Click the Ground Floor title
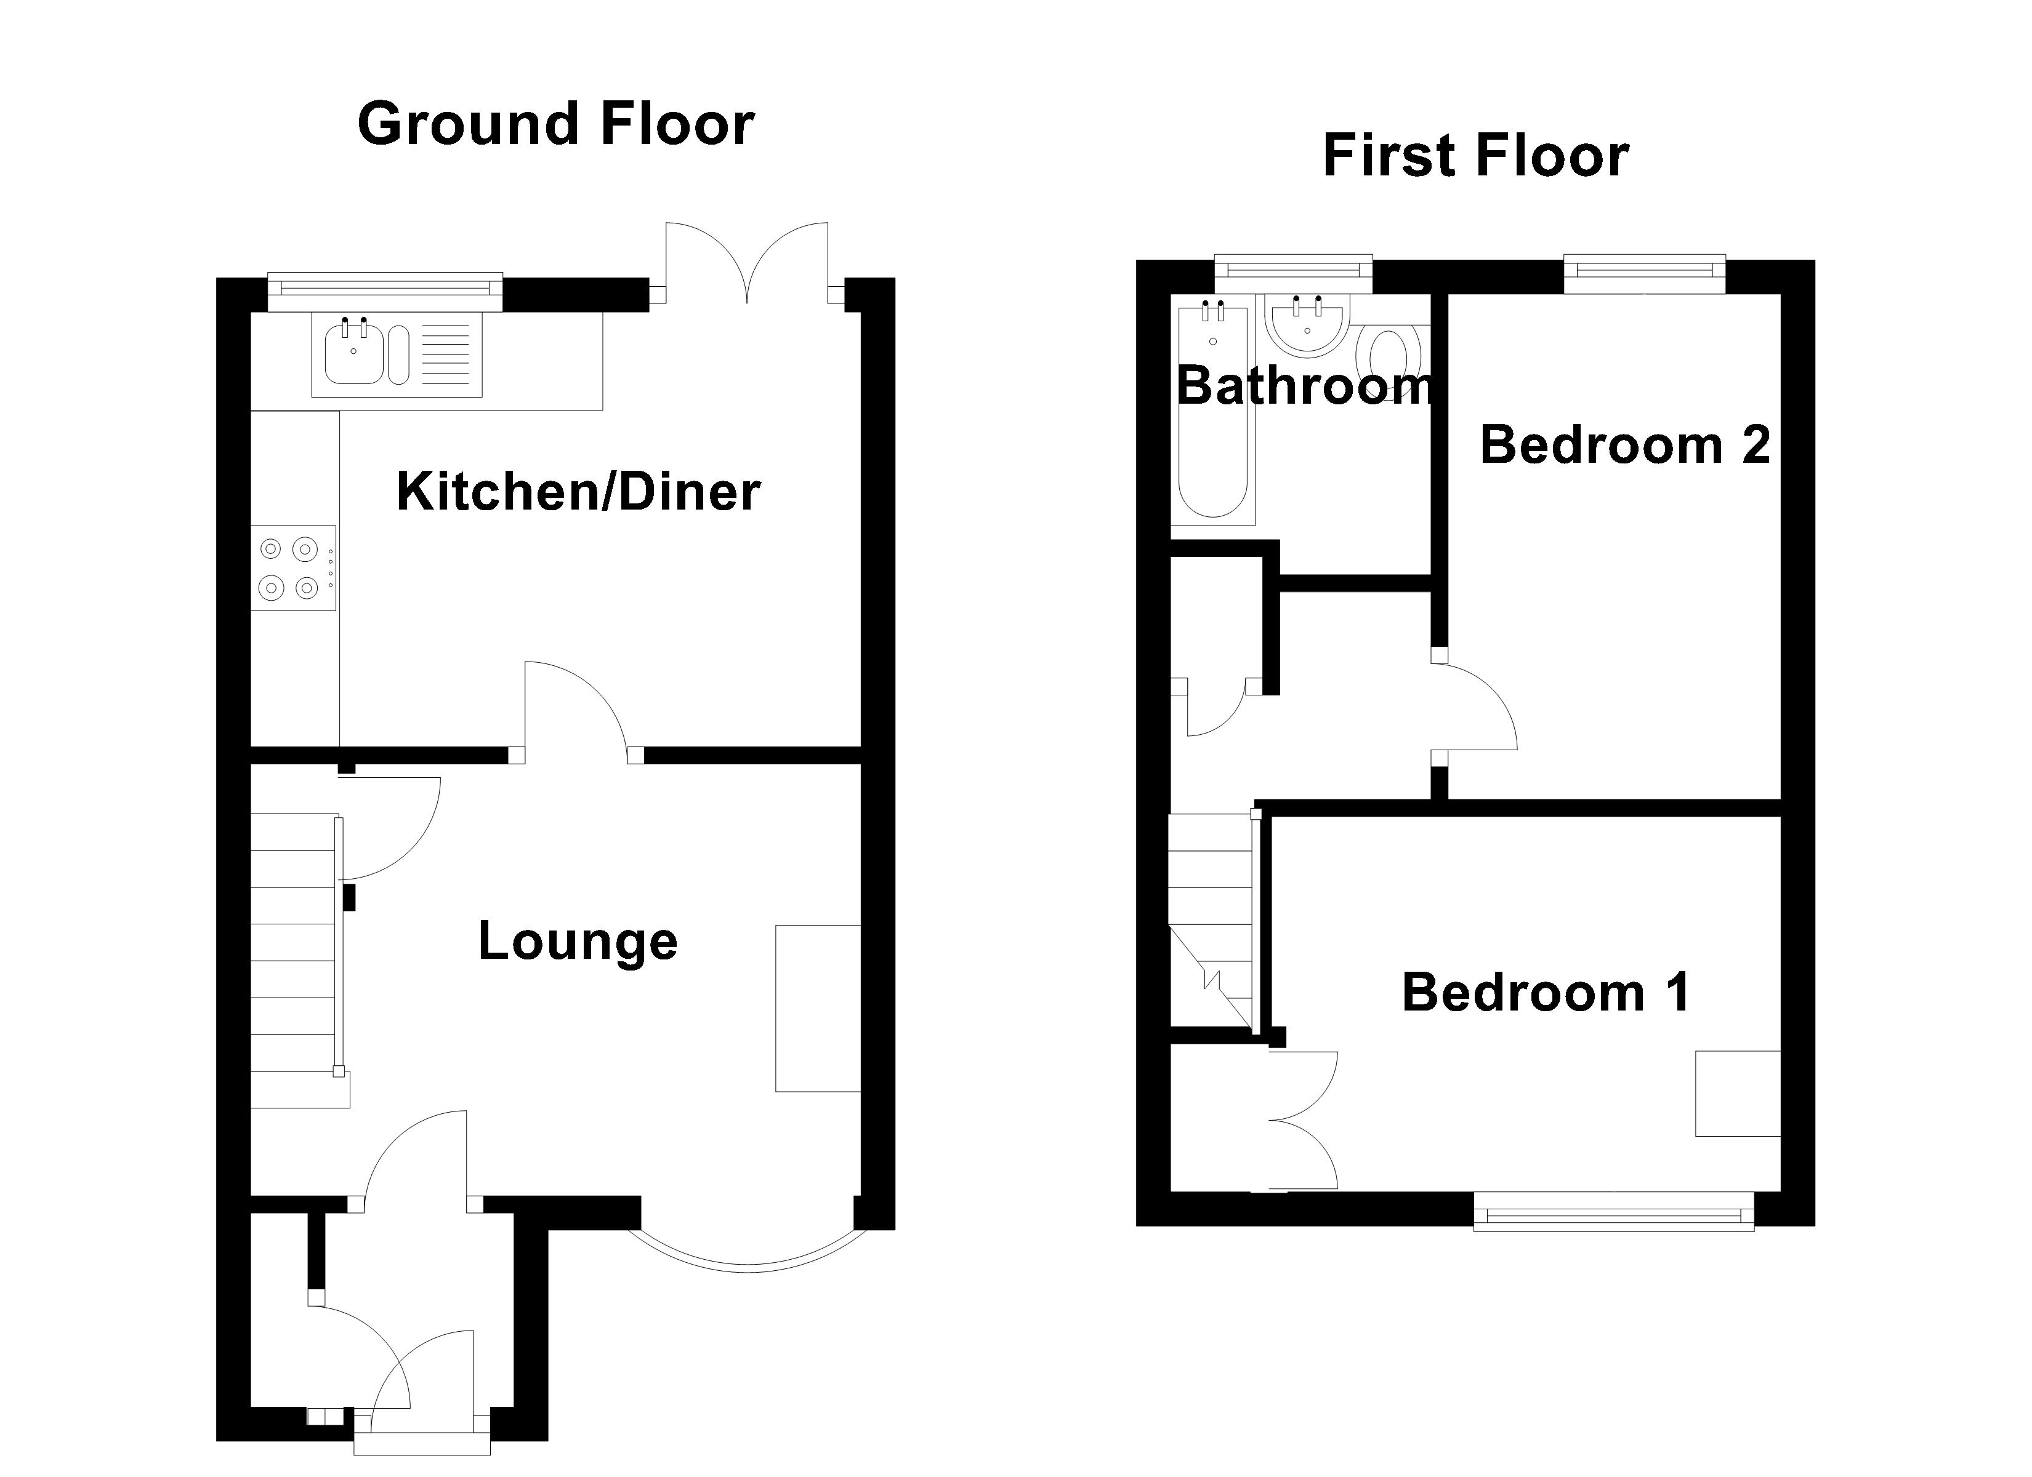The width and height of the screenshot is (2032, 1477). (x=555, y=124)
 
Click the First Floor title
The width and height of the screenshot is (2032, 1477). (x=1475, y=156)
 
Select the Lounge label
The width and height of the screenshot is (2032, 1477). (x=577, y=942)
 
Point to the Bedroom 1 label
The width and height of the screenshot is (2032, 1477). (x=1546, y=993)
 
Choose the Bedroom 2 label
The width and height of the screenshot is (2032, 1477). (x=1624, y=444)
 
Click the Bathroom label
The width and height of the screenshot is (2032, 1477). (x=1304, y=386)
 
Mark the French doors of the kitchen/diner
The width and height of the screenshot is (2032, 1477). (x=746, y=264)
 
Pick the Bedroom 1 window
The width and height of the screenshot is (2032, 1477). (x=1613, y=1215)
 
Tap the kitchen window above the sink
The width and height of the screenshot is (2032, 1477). (x=385, y=287)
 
